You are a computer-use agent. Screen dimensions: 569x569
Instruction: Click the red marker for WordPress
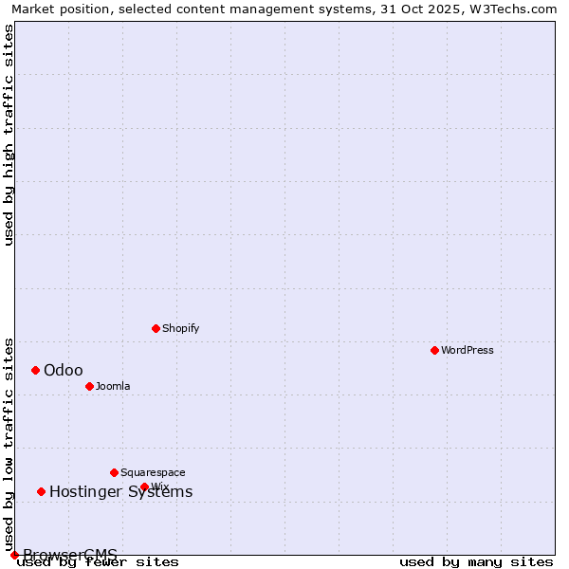tap(435, 350)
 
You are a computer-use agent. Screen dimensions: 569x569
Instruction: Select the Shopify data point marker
tap(156, 328)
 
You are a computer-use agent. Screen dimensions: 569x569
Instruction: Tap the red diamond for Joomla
tap(90, 386)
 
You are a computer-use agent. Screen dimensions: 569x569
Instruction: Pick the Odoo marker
tap(36, 370)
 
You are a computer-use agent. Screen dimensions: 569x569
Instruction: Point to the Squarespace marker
tap(115, 472)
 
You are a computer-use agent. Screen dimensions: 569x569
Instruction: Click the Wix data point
tap(145, 486)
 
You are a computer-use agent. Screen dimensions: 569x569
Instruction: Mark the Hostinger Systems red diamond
tap(42, 491)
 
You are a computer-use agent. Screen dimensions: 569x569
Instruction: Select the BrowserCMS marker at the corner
tap(15, 555)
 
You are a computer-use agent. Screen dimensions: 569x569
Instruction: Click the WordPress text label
tap(468, 350)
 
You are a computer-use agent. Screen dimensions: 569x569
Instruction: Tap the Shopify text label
tap(180, 328)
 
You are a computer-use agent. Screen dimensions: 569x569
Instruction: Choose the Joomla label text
tap(113, 386)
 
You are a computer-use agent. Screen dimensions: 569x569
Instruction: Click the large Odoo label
tap(64, 370)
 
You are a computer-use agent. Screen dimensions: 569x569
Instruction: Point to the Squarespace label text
tap(153, 472)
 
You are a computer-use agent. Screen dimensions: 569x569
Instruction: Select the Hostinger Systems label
tap(120, 491)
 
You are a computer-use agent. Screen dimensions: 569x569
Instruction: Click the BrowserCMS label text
tap(70, 555)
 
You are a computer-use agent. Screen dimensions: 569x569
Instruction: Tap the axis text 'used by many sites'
tap(475, 561)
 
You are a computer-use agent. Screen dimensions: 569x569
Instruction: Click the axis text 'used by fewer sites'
tap(98, 561)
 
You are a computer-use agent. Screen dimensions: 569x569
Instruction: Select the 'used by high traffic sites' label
tap(9, 135)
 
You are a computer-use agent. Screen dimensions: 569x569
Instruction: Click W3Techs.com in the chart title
tap(515, 9)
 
